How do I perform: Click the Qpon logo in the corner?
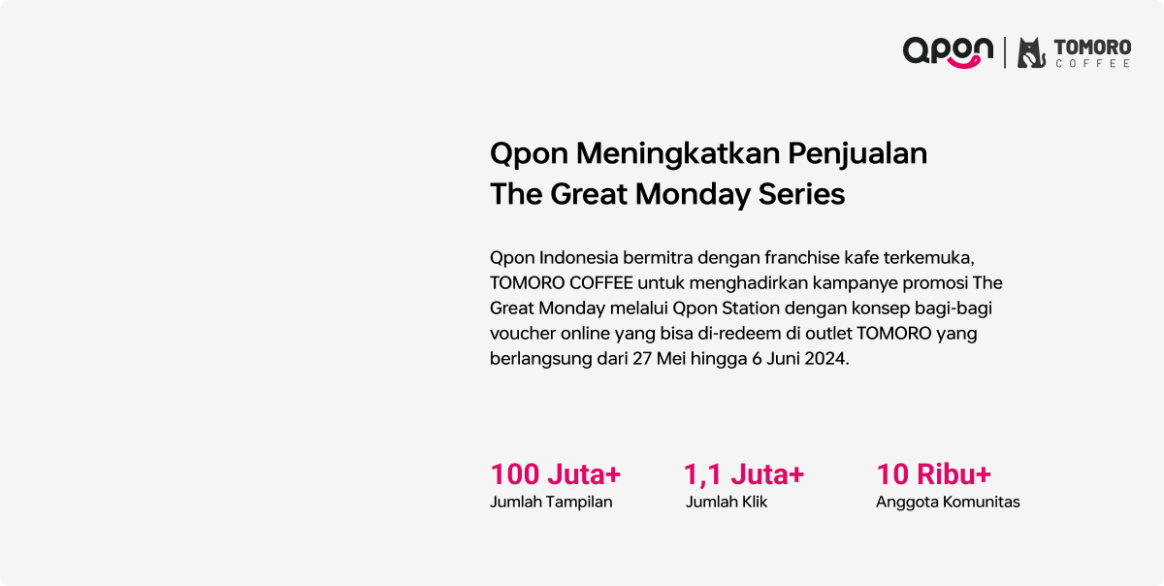click(948, 52)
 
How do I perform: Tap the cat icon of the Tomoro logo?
click(1031, 52)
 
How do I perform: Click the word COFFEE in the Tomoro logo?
click(1093, 63)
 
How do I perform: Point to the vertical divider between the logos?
click(1005, 52)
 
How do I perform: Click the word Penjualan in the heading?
click(857, 155)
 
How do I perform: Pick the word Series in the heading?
click(801, 194)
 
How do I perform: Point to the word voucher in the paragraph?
click(522, 334)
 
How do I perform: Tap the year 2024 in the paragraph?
click(826, 359)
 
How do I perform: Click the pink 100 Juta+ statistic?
click(556, 474)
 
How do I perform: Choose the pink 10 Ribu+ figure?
click(934, 474)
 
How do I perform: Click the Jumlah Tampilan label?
click(551, 503)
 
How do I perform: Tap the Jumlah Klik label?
click(727, 502)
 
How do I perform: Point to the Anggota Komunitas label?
click(948, 503)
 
